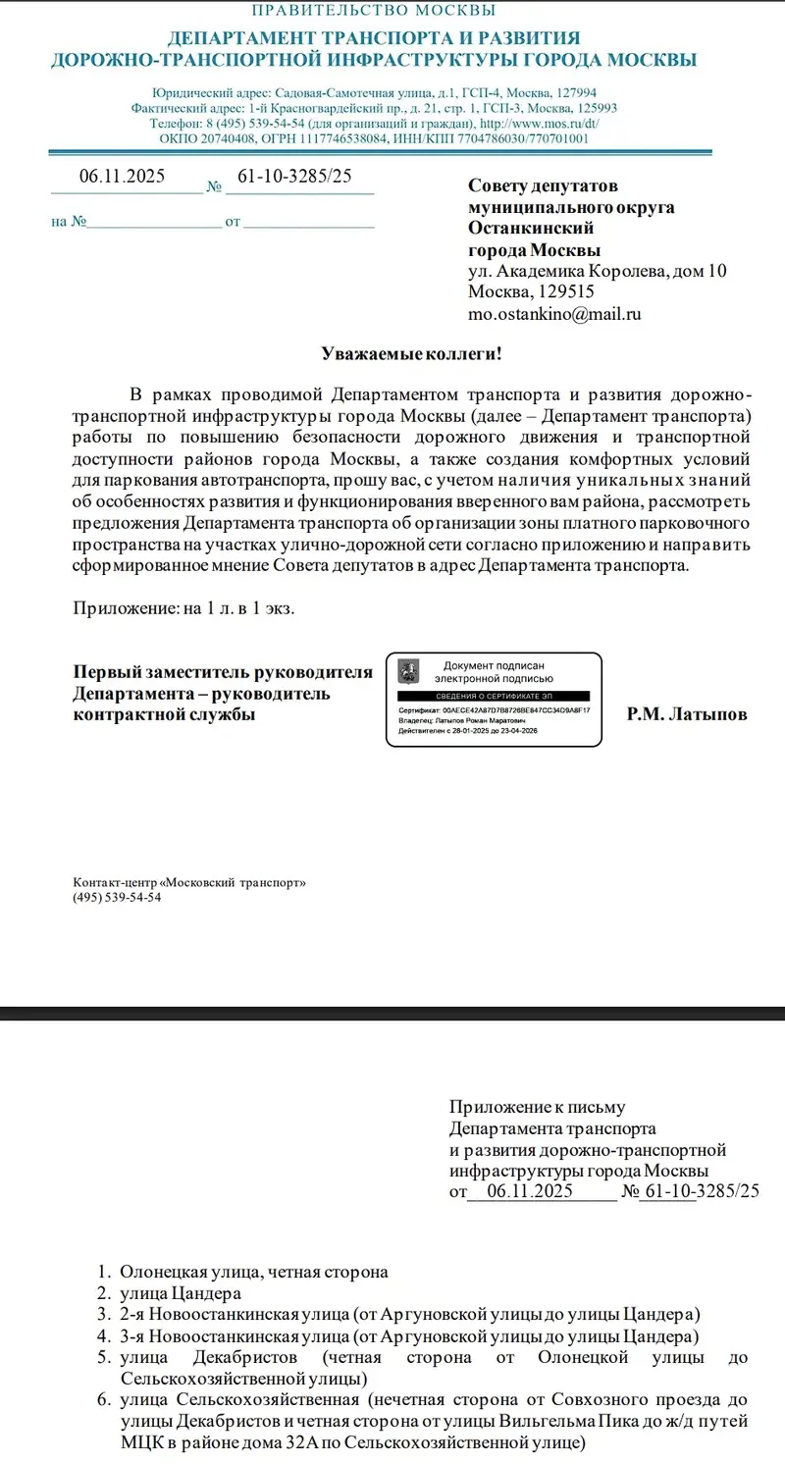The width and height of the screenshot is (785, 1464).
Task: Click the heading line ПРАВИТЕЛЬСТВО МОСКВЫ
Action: click(374, 11)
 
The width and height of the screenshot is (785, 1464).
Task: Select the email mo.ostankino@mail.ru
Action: click(554, 314)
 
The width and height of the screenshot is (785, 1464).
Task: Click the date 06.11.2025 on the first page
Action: click(122, 177)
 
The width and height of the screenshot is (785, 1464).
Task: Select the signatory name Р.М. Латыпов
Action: click(687, 714)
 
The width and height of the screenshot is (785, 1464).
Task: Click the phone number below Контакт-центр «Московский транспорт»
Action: click(117, 897)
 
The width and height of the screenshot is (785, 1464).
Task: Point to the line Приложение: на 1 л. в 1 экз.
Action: click(184, 607)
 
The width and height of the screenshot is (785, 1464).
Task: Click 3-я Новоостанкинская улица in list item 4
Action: click(235, 1336)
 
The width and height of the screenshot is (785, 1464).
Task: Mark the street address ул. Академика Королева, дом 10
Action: click(597, 271)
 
